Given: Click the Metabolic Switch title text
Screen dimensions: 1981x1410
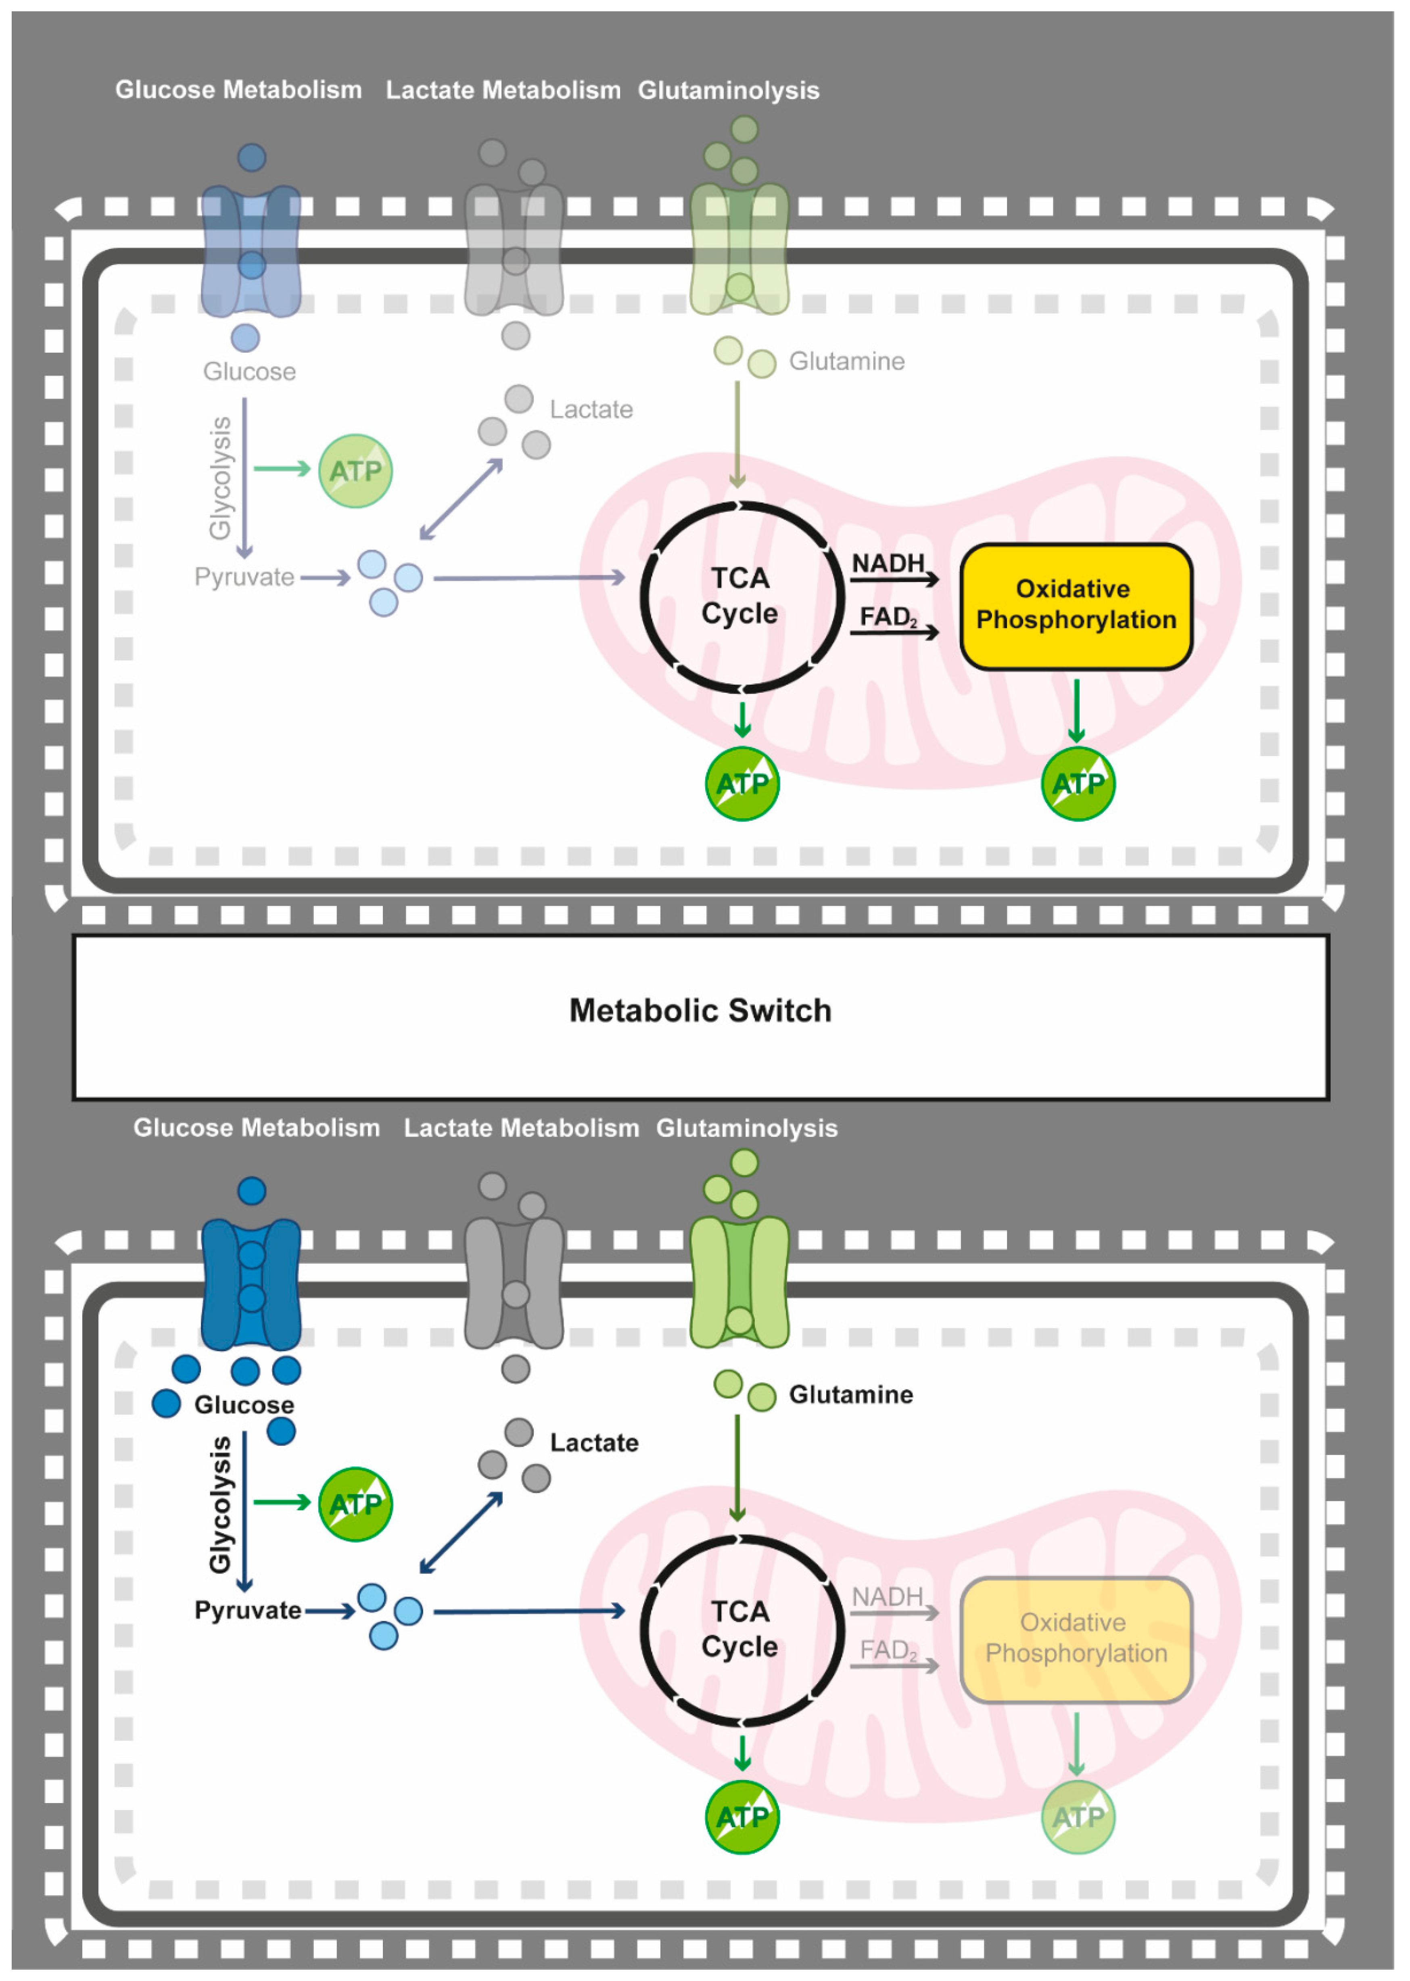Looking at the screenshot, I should pyautogui.click(x=700, y=1010).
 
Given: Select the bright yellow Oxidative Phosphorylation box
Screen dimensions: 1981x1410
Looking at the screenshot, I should pyautogui.click(x=1076, y=605).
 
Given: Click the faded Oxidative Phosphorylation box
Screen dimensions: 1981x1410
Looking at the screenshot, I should pyautogui.click(x=1076, y=1638).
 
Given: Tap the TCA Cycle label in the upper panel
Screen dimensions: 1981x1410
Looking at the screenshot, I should pyautogui.click(x=740, y=596).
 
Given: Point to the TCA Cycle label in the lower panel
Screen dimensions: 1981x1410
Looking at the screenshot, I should pyautogui.click(x=740, y=1628).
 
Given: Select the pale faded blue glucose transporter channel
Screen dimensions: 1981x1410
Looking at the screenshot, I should pyautogui.click(x=251, y=250).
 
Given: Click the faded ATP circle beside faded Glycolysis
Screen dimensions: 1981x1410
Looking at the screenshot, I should pyautogui.click(x=355, y=470).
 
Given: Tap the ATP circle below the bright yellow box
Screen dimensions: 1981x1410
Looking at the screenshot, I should pyautogui.click(x=1078, y=784).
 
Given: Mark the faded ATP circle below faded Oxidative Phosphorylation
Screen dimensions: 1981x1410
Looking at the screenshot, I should pyautogui.click(x=1078, y=1817).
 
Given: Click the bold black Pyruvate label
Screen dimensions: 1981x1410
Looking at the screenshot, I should pyautogui.click(x=247, y=1610).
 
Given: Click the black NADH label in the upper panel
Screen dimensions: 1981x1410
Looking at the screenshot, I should pyautogui.click(x=887, y=563).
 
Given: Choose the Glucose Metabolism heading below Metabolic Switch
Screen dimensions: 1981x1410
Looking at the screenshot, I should pyautogui.click(x=256, y=1128).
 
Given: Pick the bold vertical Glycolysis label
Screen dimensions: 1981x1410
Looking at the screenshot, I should pyautogui.click(x=221, y=1504).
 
